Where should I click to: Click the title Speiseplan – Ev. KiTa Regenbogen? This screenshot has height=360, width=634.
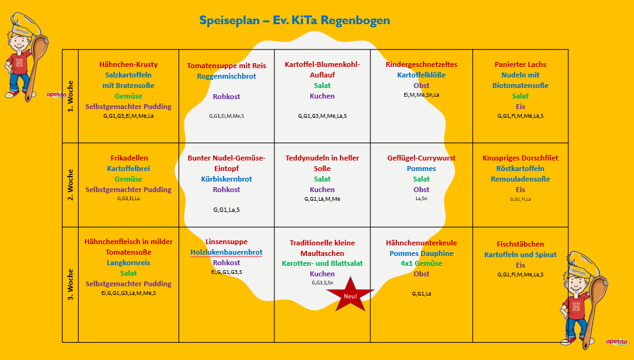pos(295,20)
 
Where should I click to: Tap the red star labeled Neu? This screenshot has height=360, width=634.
pos(350,295)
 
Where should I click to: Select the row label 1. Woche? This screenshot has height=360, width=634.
pos(71,97)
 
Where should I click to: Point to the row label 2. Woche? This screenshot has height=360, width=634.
pos(71,185)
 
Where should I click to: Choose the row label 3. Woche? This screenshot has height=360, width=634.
pos(71,284)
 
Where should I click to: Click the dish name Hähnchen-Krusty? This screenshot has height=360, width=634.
pos(128,64)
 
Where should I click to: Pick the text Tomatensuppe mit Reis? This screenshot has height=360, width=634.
pos(226,66)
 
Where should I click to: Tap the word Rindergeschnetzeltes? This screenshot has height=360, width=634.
pos(421,64)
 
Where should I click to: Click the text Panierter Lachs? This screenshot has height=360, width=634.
pos(520,64)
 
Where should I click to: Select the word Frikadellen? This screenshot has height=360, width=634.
pos(129,158)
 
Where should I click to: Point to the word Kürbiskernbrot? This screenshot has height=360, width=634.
pos(226,179)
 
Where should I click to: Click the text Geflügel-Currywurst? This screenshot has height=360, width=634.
pos(421,158)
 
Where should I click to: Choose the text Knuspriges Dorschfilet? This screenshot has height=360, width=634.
pos(520,158)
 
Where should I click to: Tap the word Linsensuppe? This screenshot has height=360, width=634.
pos(226,242)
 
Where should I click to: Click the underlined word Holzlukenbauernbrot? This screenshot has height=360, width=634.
pos(226,252)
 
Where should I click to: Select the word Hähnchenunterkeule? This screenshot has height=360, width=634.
pos(421,243)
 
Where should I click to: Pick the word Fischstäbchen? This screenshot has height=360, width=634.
pos(520,244)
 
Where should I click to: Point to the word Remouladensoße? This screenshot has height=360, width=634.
pos(520,179)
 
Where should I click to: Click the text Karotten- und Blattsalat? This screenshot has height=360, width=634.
pos(322,263)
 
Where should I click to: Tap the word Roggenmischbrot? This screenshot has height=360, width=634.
pos(226,76)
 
